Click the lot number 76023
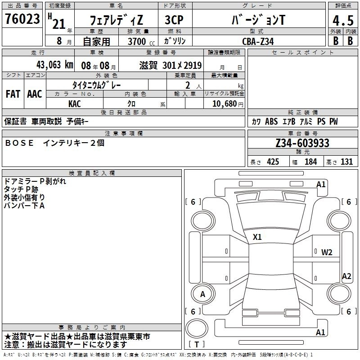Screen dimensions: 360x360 pyautogui.click(x=22, y=19)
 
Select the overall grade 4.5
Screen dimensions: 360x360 pyautogui.click(x=343, y=20)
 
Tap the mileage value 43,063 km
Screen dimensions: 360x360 pyautogui.click(x=55, y=65)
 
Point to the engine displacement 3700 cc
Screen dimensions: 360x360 pyautogui.click(x=141, y=41)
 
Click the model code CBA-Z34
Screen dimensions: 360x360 pyautogui.click(x=258, y=41)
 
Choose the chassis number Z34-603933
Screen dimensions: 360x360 pyautogui.click(x=302, y=143)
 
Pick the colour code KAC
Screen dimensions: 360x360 pyautogui.click(x=75, y=104)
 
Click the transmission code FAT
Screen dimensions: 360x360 pyautogui.click(x=13, y=94)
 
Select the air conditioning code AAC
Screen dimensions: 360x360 pyautogui.click(x=35, y=94)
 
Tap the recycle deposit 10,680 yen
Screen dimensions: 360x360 pyautogui.click(x=228, y=104)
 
